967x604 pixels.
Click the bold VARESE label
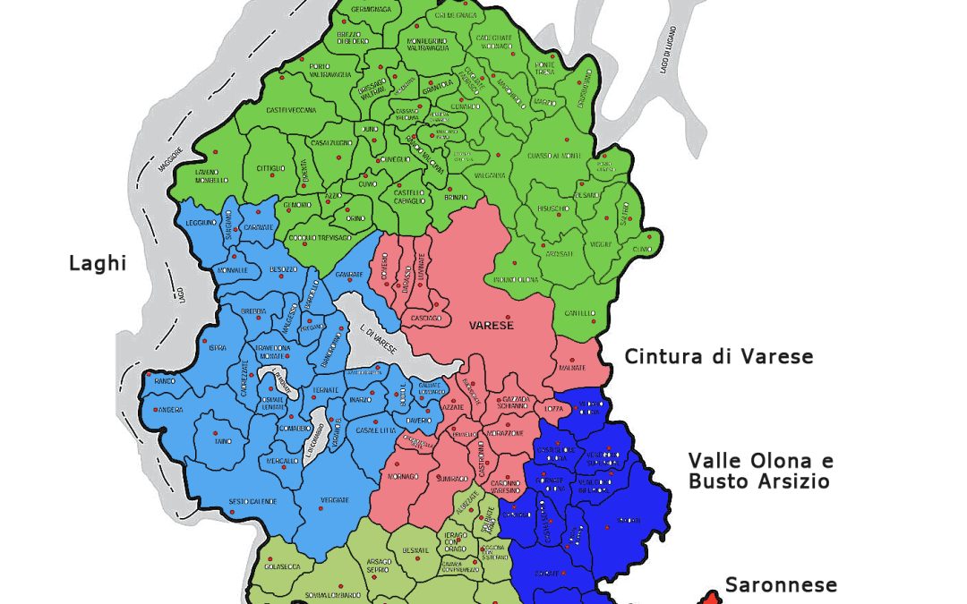pyautogui.click(x=492, y=325)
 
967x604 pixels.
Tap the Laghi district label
pyautogui.click(x=98, y=263)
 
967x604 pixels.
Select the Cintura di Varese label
pyautogui.click(x=718, y=357)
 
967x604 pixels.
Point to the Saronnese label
pyautogui.click(x=781, y=585)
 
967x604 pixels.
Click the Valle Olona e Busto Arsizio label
pyautogui.click(x=759, y=471)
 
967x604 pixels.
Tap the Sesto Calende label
pyautogui.click(x=253, y=500)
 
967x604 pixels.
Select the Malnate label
pyautogui.click(x=572, y=368)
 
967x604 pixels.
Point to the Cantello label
pyautogui.click(x=579, y=313)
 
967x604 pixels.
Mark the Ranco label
pyautogui.click(x=164, y=381)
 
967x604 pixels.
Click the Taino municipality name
pyautogui.click(x=222, y=441)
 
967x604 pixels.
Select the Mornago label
pyautogui.click(x=403, y=476)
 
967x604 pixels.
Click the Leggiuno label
pyautogui.click(x=200, y=222)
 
